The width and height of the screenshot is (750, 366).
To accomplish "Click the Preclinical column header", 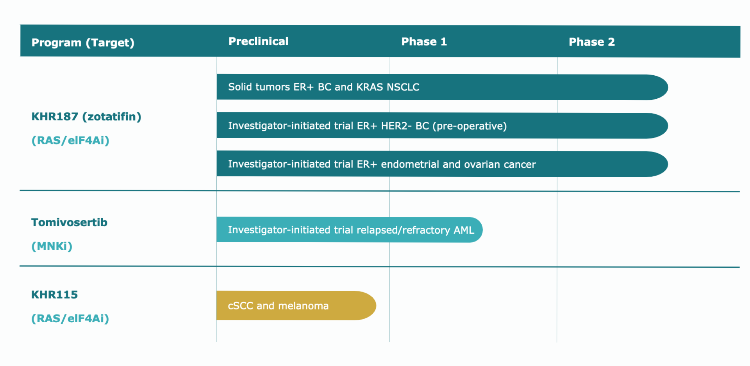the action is tap(258, 41).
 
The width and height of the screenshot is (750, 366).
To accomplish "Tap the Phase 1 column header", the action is tap(424, 42).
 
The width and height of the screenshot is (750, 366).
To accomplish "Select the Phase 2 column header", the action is tap(591, 42).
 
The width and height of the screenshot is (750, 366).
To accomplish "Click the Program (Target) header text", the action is tap(83, 43).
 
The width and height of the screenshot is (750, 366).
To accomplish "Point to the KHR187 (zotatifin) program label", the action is tap(86, 117).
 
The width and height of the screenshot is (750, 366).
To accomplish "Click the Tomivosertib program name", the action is tap(69, 222).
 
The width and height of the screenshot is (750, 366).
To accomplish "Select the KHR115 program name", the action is tap(54, 295).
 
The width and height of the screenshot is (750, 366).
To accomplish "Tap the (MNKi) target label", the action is tap(52, 246).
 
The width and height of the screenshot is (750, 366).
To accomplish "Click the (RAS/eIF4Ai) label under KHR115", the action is tap(70, 318).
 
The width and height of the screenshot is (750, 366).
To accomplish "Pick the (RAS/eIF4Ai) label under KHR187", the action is tap(70, 140).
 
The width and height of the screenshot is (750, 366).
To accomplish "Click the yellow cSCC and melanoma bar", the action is tap(296, 306).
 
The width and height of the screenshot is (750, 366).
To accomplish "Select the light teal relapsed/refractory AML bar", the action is tap(350, 230).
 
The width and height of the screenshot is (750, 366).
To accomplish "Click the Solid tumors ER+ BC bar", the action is tap(442, 87).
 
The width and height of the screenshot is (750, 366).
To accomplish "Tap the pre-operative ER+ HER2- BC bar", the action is tap(442, 126).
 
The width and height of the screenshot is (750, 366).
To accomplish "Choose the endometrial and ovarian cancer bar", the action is tap(442, 164).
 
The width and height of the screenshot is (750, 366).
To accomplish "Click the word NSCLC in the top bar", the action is tap(403, 87).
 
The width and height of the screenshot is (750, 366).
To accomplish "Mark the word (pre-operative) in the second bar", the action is tap(470, 126).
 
